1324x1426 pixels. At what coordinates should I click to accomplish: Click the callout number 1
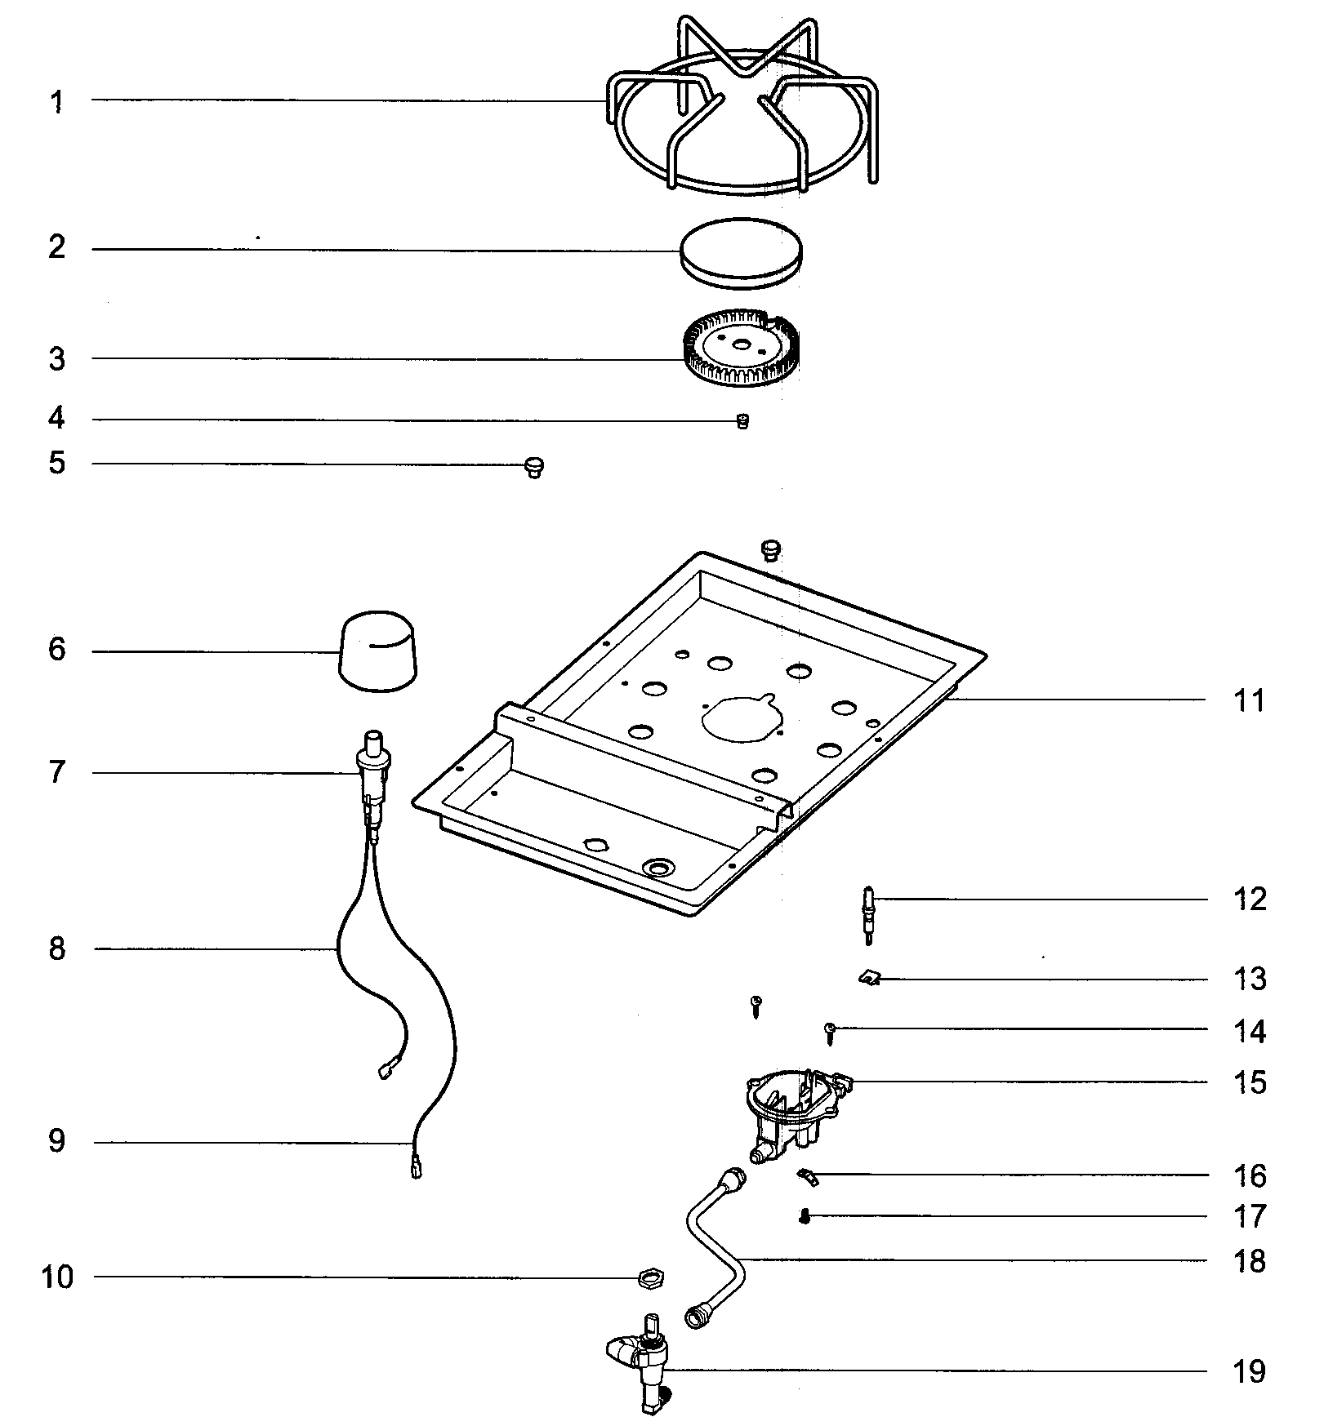[56, 103]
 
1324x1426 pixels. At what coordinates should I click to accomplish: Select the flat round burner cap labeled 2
[741, 252]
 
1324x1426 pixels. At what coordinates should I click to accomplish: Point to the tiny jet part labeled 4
[742, 421]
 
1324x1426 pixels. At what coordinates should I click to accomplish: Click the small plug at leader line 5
[534, 467]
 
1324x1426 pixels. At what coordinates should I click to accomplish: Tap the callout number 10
[57, 1277]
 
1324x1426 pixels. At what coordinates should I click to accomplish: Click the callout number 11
[1249, 700]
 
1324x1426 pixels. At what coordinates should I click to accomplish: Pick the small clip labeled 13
[870, 977]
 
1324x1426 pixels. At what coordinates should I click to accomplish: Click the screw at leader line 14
[830, 1033]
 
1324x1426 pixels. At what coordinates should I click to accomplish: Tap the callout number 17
[1249, 1217]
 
